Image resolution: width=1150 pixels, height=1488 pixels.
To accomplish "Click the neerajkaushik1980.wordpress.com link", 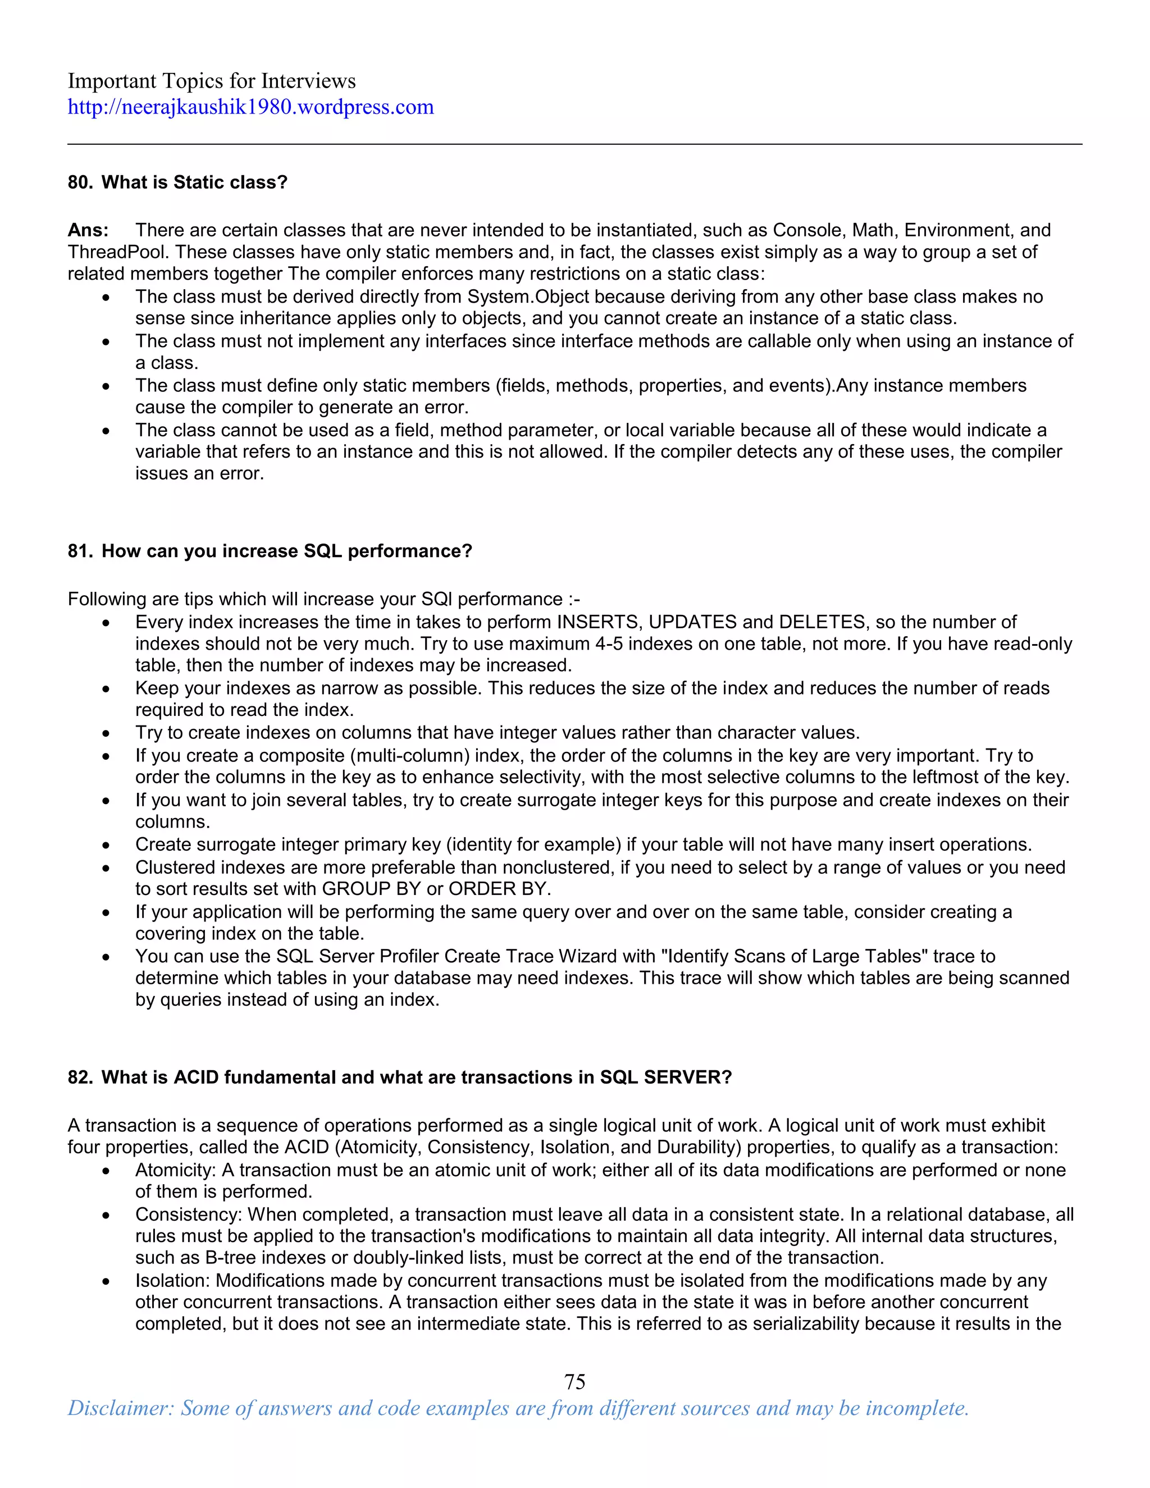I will click(x=250, y=107).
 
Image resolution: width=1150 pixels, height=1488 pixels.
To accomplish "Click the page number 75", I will click(x=574, y=1381).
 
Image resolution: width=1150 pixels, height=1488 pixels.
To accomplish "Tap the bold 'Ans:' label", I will click(x=88, y=230).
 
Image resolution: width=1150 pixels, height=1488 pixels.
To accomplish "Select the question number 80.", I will click(x=80, y=182).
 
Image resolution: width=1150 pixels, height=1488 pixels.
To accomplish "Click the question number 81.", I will click(x=80, y=551).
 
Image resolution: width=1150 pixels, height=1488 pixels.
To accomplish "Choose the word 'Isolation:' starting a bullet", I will click(x=172, y=1280).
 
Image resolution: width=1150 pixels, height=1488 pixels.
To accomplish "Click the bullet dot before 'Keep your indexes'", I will click(x=106, y=690).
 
